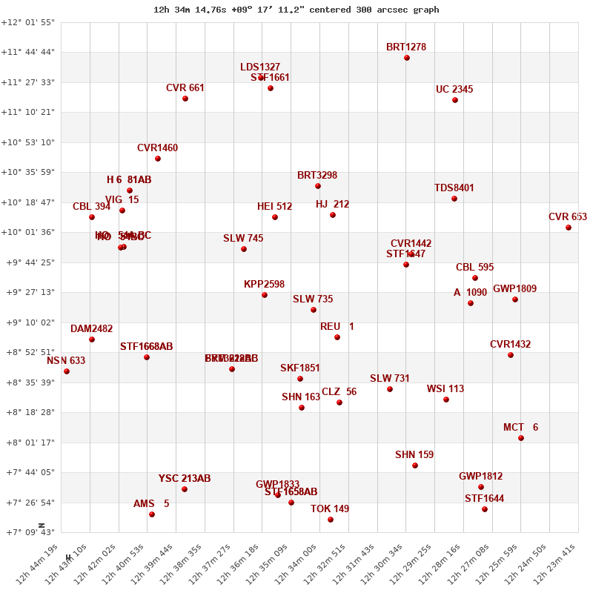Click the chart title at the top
[x=296, y=10]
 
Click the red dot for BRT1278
[x=407, y=58]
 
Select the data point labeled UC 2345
[x=455, y=100]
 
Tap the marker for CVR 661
[x=185, y=99]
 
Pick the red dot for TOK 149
[x=331, y=520]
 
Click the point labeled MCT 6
[x=521, y=438]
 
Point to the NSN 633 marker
[x=67, y=371]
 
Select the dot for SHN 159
[x=415, y=466]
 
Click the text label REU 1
[x=337, y=327]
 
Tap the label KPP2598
[x=264, y=285]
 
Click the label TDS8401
[x=454, y=188]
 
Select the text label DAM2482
[x=92, y=329]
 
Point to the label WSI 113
[x=445, y=389]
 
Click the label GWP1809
[x=514, y=289]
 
